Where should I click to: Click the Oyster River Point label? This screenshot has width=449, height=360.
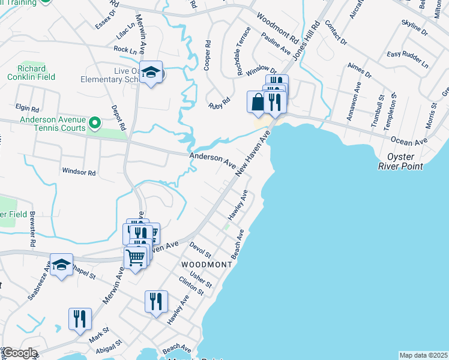(405, 161)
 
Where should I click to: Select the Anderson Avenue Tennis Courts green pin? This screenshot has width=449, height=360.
(94, 124)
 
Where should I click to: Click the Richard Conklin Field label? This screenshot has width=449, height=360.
(31, 72)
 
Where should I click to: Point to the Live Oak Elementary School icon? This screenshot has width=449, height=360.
(151, 73)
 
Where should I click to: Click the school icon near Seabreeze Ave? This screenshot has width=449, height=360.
(61, 265)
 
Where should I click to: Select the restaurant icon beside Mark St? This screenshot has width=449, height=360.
(80, 319)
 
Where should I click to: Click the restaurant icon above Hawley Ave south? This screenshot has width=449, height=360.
(155, 301)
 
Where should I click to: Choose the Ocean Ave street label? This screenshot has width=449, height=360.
(408, 141)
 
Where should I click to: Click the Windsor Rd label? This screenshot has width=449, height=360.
(79, 172)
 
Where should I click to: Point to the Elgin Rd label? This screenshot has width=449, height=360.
(27, 109)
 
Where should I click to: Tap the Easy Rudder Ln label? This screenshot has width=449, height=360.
(408, 58)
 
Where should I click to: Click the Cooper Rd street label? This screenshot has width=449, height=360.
(208, 56)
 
